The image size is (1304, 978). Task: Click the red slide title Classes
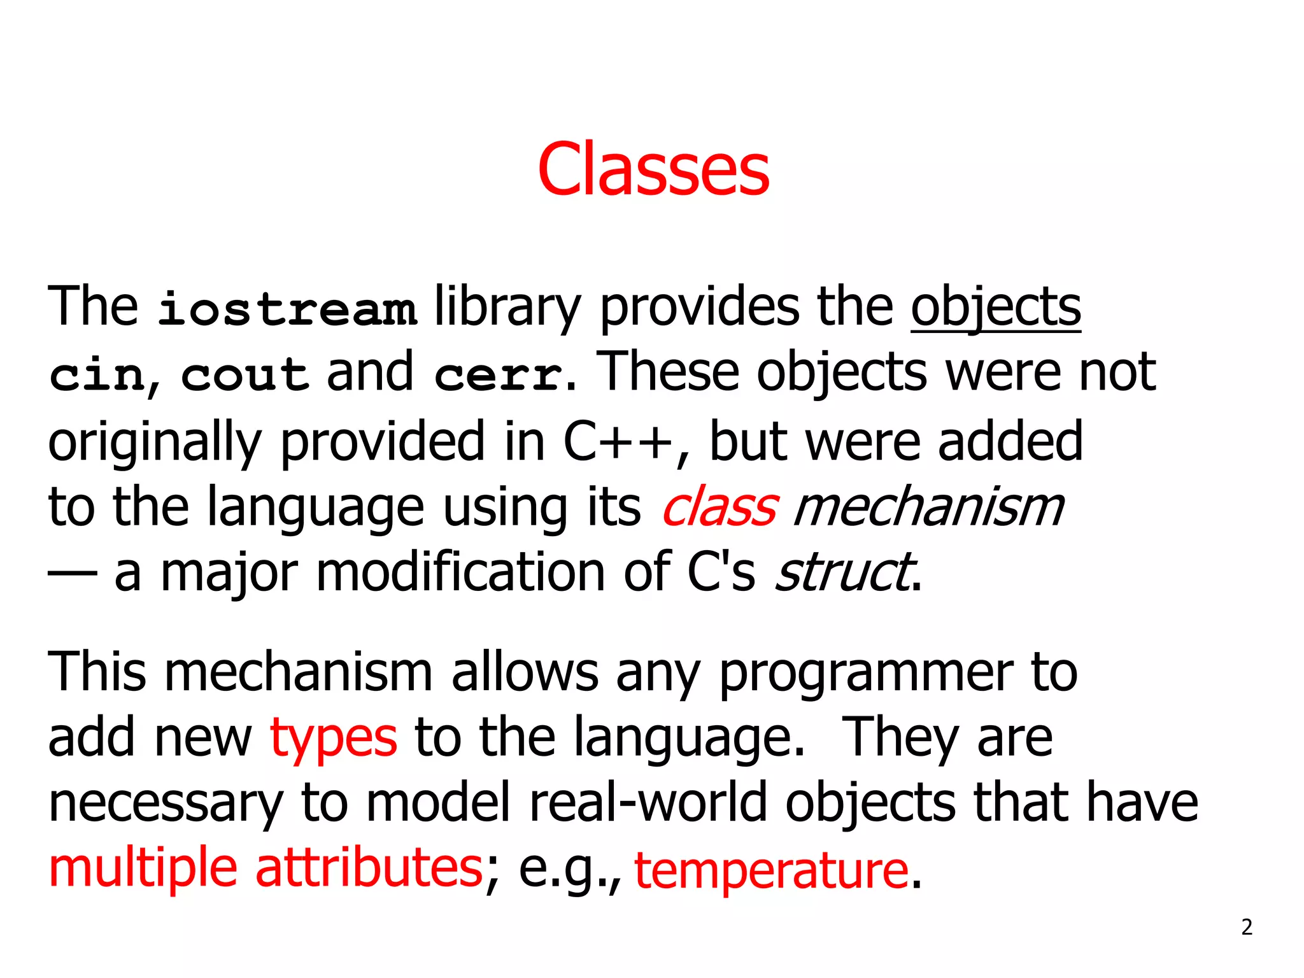pyautogui.click(x=653, y=169)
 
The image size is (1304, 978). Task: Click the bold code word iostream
pyautogui.click(x=287, y=309)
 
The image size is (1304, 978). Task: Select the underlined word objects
pyautogui.click(x=996, y=308)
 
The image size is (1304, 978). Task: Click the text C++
pyautogui.click(x=618, y=441)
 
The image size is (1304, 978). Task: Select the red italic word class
pyautogui.click(x=719, y=507)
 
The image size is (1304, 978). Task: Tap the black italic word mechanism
pyautogui.click(x=928, y=507)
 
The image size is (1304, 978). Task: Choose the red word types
pyautogui.click(x=334, y=738)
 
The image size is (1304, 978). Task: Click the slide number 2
pyautogui.click(x=1247, y=927)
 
